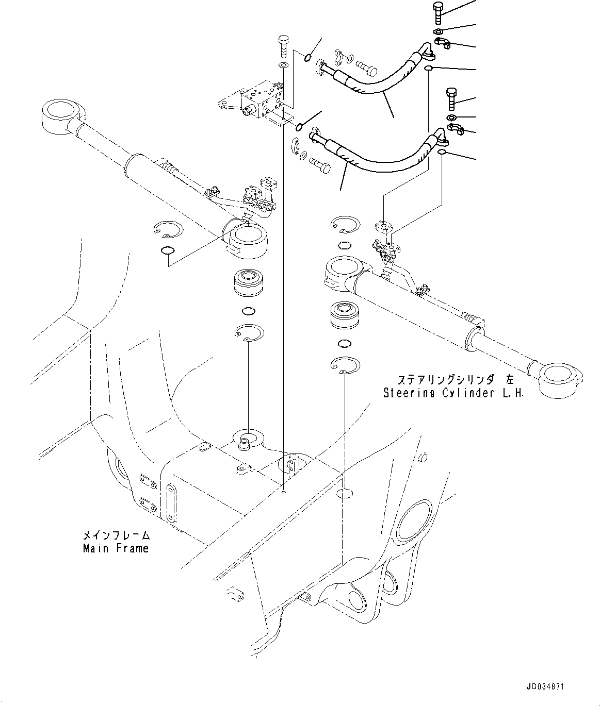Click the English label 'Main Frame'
[x=116, y=548]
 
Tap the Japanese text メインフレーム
[x=116, y=535]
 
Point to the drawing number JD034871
[x=545, y=687]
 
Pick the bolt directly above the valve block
[x=283, y=46]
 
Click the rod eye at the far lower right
[x=562, y=378]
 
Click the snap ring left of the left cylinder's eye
[x=168, y=229]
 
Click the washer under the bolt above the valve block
[x=283, y=65]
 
